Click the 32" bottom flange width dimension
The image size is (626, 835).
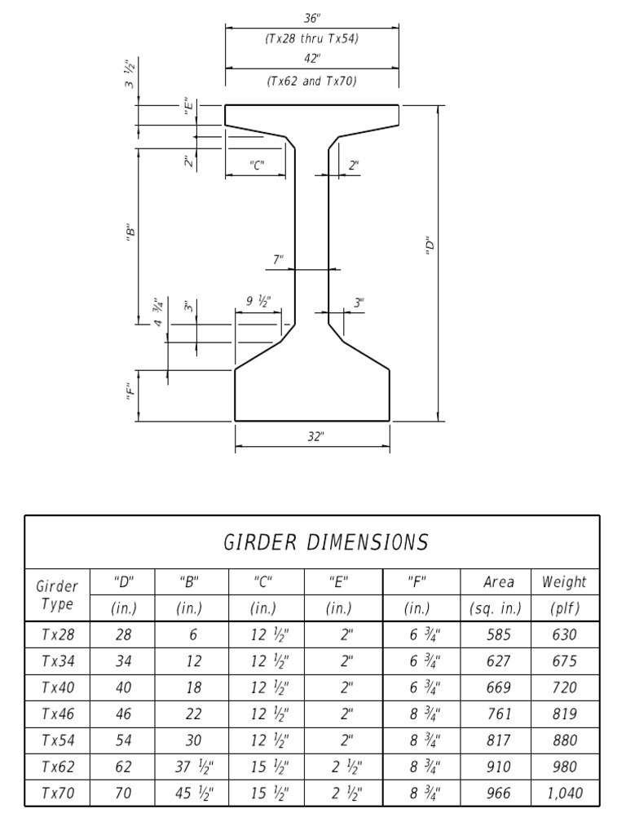315,436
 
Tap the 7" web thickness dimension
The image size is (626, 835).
278,260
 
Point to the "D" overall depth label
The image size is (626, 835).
428,245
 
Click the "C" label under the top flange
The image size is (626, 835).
257,166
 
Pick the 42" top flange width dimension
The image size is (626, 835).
311,59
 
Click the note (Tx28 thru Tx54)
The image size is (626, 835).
312,38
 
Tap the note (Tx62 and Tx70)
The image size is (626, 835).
312,81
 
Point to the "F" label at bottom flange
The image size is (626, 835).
129,394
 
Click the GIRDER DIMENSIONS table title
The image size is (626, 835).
325,541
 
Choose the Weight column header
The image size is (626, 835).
563,582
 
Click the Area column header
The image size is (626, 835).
498,582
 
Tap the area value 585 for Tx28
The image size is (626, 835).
498,635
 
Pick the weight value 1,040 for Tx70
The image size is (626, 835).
563,793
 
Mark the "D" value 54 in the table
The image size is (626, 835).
124,740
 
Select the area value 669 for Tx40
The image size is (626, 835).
498,688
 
